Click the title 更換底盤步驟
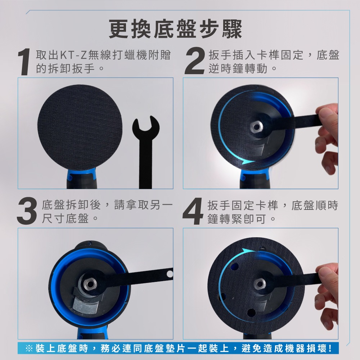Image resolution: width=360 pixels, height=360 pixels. coord(175,29)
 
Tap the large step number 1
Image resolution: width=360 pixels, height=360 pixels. coord(24,62)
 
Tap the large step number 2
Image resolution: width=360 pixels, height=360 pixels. coord(195,60)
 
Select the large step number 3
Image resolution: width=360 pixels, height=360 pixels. coord(27,211)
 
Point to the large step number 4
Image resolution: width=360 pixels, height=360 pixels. coord(193,211)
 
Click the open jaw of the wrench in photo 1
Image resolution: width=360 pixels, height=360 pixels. coord(146,126)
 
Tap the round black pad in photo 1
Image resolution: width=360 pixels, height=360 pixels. coord(80,128)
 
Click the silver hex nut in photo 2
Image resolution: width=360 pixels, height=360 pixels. coord(256,126)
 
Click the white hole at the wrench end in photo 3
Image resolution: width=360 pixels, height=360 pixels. coord(170,274)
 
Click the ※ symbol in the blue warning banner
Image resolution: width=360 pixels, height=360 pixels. coord(29,348)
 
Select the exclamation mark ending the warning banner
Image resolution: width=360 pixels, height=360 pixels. coord(330,348)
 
